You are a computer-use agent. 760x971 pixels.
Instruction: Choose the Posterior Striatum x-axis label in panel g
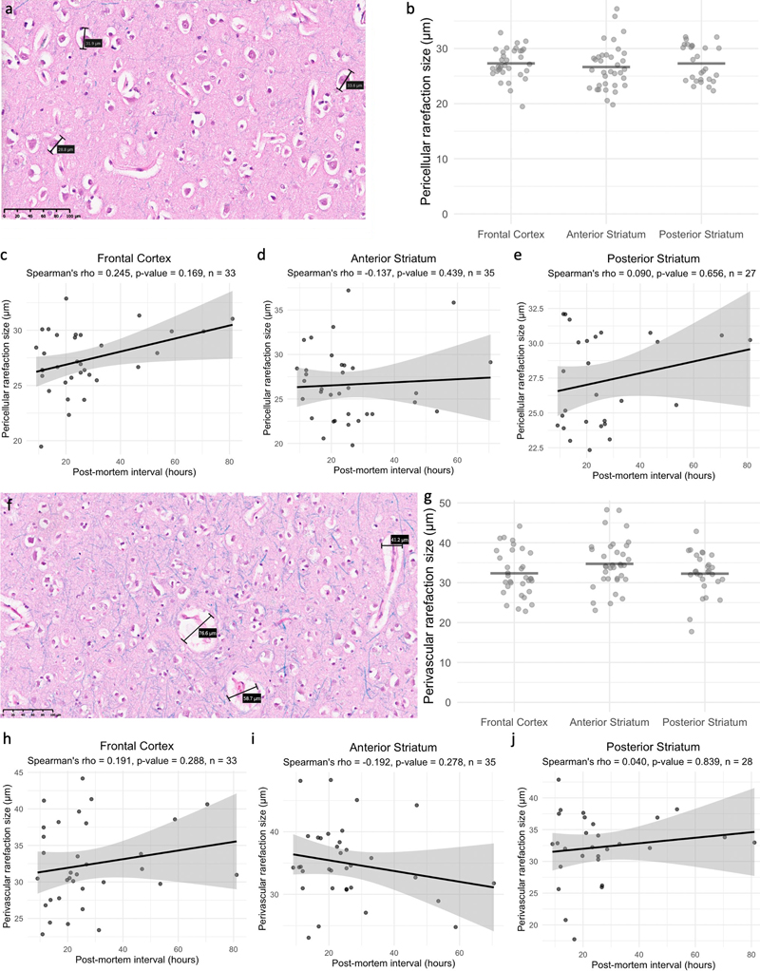[x=702, y=720]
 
